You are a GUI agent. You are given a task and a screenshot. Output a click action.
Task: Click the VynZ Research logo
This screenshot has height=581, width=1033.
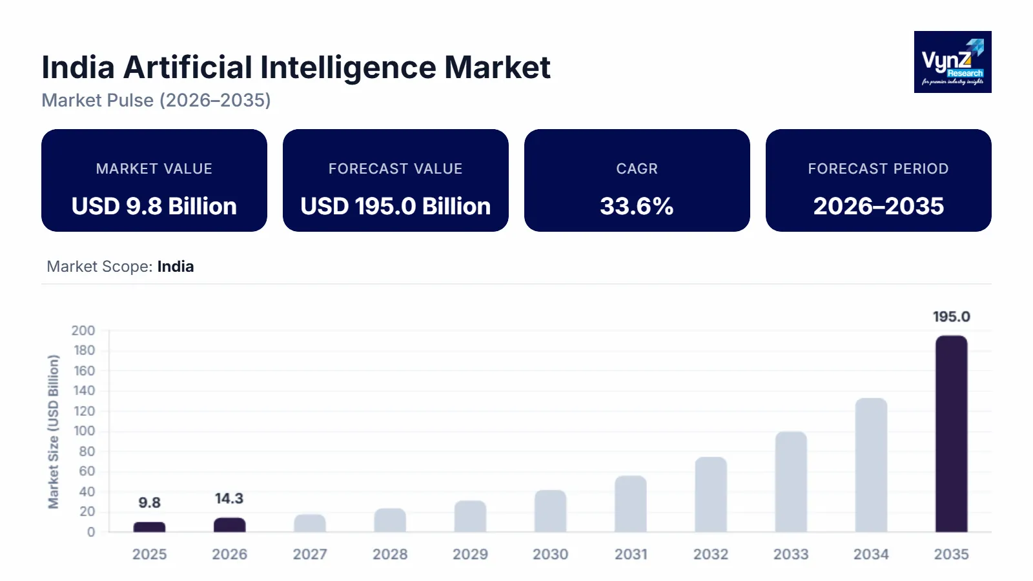(x=952, y=62)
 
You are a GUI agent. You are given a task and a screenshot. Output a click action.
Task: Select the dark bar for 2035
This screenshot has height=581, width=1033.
(x=951, y=434)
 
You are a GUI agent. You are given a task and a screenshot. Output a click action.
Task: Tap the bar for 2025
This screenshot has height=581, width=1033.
(x=149, y=527)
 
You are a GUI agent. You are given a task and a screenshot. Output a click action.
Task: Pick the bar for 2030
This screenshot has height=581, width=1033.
(x=550, y=511)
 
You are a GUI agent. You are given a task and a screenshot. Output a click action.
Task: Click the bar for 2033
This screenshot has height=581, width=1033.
(x=791, y=482)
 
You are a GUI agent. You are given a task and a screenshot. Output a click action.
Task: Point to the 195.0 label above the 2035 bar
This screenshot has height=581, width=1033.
(x=951, y=317)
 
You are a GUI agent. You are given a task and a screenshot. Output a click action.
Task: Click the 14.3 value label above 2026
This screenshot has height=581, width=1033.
(x=229, y=498)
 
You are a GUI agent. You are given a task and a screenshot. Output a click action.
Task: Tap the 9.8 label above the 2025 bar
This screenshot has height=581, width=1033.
(x=149, y=503)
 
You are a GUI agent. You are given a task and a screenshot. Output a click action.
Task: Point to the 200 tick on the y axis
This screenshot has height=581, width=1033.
(x=83, y=331)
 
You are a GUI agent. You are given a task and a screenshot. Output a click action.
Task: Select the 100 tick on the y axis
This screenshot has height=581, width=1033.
(x=84, y=431)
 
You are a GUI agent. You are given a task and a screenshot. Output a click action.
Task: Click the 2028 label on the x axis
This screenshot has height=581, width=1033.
(x=390, y=555)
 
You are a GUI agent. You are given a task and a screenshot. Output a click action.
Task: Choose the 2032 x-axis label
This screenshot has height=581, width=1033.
(x=711, y=555)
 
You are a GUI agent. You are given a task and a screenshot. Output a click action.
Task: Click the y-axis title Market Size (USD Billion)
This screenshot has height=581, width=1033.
(x=54, y=431)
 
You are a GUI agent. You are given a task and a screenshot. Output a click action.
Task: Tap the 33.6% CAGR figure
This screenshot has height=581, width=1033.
(x=637, y=207)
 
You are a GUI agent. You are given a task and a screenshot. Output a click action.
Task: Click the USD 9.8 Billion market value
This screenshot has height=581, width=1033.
(x=154, y=207)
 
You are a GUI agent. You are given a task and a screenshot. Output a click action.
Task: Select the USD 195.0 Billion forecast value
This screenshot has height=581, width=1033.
(x=395, y=207)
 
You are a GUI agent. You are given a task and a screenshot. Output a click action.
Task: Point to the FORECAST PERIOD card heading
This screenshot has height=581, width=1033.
(x=878, y=169)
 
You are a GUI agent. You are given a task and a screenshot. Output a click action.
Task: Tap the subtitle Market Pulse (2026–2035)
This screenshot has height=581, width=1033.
(x=156, y=101)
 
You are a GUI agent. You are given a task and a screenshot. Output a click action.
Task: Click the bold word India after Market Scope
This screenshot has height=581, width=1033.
(x=176, y=267)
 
